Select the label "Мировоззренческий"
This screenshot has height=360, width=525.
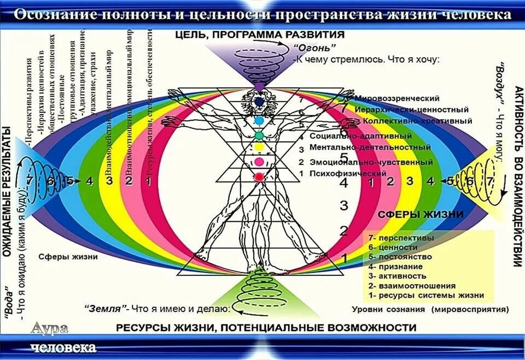(x=397, y=98)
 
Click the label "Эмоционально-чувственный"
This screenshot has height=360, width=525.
(x=371, y=162)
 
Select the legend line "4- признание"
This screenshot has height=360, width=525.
(x=395, y=267)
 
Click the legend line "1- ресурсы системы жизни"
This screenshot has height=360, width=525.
(x=426, y=295)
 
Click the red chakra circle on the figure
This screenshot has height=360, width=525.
(x=259, y=176)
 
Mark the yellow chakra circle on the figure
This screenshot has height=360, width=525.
(x=259, y=147)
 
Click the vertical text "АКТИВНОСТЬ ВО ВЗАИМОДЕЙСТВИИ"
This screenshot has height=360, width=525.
(x=518, y=175)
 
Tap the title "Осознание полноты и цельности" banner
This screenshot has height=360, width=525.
(x=262, y=14)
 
